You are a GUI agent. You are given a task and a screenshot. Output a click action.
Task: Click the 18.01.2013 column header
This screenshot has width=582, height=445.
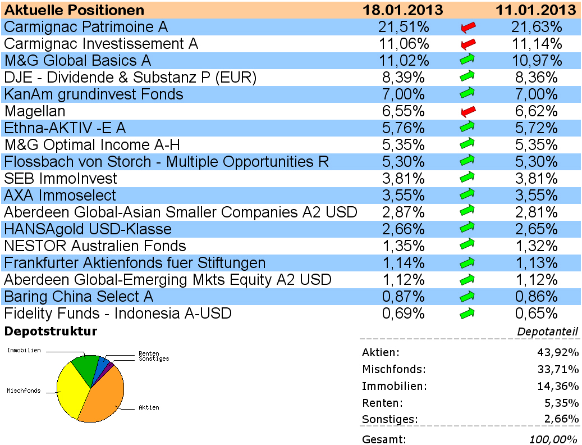(x=402, y=10)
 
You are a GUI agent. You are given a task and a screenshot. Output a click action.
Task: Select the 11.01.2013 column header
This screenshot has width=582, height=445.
(x=536, y=10)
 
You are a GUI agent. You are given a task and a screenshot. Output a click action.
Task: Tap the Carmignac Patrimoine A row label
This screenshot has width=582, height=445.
(x=86, y=27)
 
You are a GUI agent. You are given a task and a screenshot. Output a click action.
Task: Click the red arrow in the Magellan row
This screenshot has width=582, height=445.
(x=468, y=111)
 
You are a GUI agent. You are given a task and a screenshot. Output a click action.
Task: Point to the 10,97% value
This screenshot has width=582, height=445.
(x=537, y=61)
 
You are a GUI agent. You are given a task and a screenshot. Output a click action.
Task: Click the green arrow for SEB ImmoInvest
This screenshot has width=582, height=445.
(x=468, y=179)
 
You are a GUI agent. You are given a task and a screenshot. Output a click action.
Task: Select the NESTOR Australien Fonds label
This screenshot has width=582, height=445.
(x=95, y=246)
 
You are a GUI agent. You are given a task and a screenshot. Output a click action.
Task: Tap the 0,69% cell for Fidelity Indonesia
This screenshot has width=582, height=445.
(x=403, y=314)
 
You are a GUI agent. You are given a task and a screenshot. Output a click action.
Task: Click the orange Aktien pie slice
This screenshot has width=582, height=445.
(x=104, y=396)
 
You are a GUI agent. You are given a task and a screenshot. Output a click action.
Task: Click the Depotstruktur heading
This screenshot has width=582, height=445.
(x=51, y=332)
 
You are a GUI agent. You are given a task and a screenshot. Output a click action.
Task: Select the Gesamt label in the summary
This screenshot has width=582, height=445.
(x=384, y=439)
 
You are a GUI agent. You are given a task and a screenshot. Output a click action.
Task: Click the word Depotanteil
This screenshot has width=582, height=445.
(x=547, y=332)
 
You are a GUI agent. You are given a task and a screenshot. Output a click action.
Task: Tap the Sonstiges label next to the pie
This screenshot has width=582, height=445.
(x=154, y=358)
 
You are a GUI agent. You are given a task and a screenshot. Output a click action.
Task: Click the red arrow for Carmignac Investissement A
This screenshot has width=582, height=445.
(x=468, y=44)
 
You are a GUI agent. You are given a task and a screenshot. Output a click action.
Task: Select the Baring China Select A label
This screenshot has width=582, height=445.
(x=79, y=297)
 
